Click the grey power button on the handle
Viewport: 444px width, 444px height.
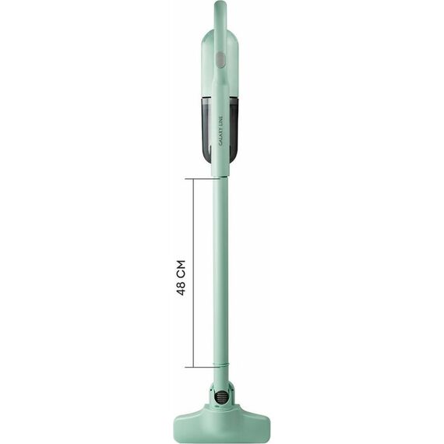point(221,61)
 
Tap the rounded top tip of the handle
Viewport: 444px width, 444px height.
point(221,2)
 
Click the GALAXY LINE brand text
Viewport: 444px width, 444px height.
point(221,131)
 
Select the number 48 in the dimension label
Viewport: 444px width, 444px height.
point(181,287)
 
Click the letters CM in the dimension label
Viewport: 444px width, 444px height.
point(181,268)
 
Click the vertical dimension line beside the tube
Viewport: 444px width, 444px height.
point(194,273)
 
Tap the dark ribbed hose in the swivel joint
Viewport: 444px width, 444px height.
point(220,396)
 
